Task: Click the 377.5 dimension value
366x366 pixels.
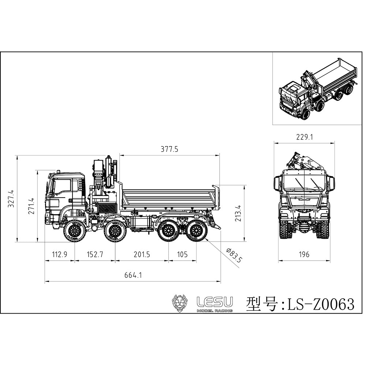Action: pyautogui.click(x=169, y=149)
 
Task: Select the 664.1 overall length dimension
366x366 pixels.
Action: pyautogui.click(x=132, y=276)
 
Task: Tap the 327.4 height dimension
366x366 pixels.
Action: pyautogui.click(x=11, y=199)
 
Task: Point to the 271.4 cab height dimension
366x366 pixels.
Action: pyautogui.click(x=31, y=206)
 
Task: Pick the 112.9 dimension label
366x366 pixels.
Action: pyautogui.click(x=60, y=254)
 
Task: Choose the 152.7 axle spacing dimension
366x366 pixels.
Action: pyautogui.click(x=95, y=254)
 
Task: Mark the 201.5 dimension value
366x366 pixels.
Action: pyautogui.click(x=142, y=254)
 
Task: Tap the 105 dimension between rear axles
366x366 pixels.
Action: pyautogui.click(x=182, y=254)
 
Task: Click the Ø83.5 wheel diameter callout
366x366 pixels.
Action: pyautogui.click(x=234, y=255)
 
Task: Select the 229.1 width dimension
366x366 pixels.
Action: pyautogui.click(x=304, y=137)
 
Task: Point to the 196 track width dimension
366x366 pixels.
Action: pyautogui.click(x=304, y=254)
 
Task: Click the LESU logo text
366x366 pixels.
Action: pyautogui.click(x=214, y=302)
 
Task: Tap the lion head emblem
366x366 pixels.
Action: pyautogui.click(x=180, y=303)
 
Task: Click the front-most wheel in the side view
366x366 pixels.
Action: pyautogui.click(x=75, y=231)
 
